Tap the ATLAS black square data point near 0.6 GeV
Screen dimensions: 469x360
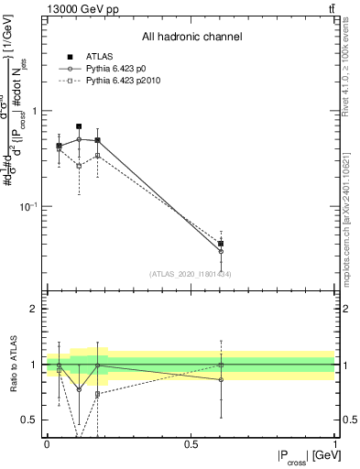(x=221, y=244)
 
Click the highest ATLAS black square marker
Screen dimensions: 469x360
(x=79, y=126)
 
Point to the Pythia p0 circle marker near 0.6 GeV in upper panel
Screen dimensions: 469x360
(x=221, y=251)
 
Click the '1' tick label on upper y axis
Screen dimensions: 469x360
(x=36, y=111)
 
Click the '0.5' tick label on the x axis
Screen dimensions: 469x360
(x=191, y=444)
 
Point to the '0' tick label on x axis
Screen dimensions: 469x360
(x=47, y=444)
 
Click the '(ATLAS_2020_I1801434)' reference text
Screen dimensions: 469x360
(x=191, y=274)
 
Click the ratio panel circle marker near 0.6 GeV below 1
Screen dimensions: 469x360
(x=221, y=379)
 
